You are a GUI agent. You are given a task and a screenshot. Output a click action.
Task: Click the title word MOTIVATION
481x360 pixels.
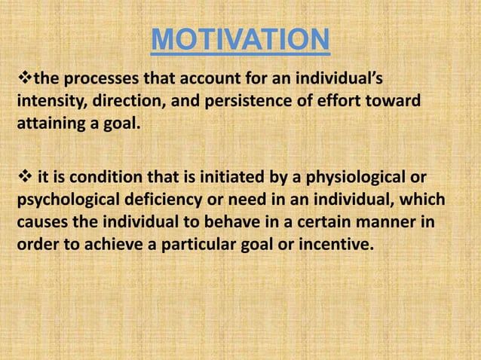pos(240,41)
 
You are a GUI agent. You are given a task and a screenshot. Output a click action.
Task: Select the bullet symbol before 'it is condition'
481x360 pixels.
pos(22,177)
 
